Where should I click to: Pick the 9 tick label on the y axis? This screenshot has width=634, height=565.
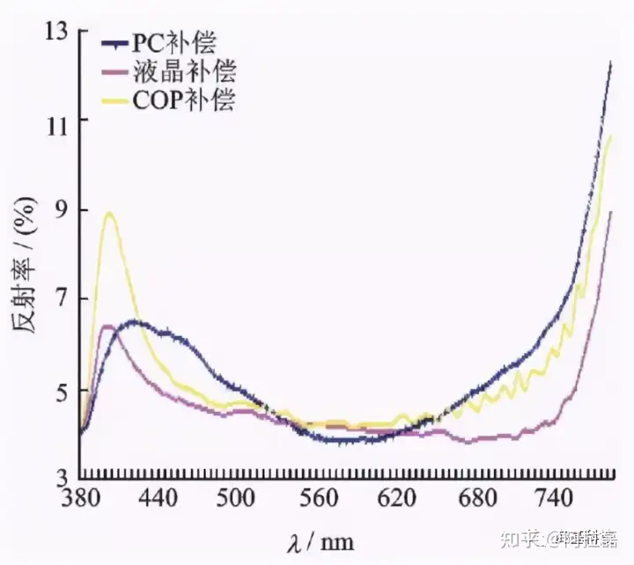click(x=60, y=210)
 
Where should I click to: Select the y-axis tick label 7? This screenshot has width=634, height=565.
click(x=60, y=300)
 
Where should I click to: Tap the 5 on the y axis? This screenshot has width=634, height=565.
click(x=60, y=390)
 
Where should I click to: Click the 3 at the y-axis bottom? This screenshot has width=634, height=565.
click(x=60, y=480)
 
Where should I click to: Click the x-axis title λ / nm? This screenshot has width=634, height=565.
click(x=321, y=538)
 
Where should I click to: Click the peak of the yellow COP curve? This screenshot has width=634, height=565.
click(x=109, y=213)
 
